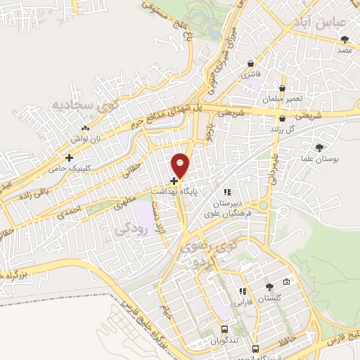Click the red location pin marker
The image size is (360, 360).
(181, 165)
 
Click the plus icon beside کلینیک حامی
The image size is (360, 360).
(69, 157)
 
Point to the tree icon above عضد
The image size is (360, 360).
(345, 39)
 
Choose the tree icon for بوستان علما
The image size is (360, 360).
(319, 148)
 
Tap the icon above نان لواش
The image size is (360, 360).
(86, 129)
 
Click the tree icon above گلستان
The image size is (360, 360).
(269, 287)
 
